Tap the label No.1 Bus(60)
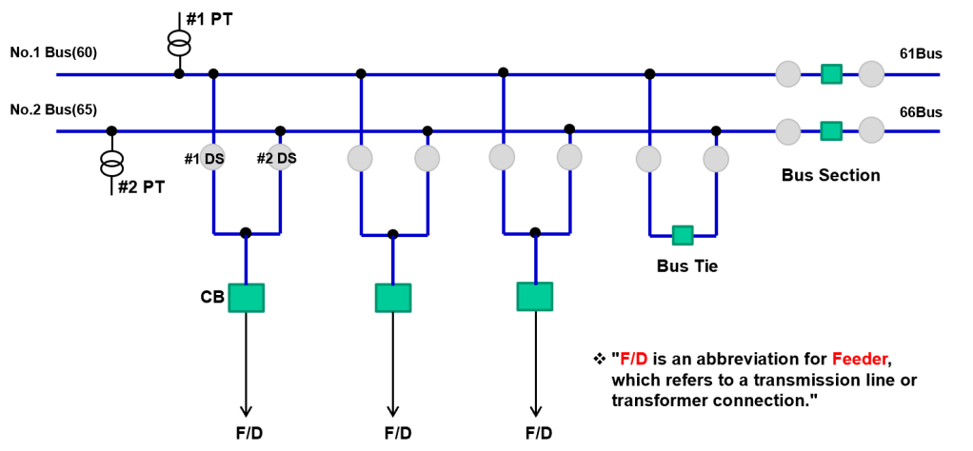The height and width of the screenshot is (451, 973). click(x=53, y=52)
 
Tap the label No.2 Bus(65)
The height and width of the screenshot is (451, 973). click(x=53, y=110)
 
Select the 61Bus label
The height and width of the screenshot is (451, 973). click(x=921, y=54)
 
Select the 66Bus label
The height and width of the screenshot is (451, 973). click(x=921, y=112)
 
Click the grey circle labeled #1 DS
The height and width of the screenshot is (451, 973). click(x=213, y=158)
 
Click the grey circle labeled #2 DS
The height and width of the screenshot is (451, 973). click(x=281, y=158)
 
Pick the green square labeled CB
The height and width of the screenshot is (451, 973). click(x=247, y=298)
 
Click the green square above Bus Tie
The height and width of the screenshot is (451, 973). click(x=683, y=236)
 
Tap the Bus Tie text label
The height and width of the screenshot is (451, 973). click(x=687, y=266)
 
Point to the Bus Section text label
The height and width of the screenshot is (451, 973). click(x=831, y=176)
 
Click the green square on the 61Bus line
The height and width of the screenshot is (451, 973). click(x=831, y=74)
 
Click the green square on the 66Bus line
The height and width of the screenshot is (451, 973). click(x=831, y=131)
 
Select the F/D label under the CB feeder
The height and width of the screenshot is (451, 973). click(x=247, y=432)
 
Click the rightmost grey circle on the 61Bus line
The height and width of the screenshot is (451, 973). click(x=871, y=74)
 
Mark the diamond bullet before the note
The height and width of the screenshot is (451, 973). click(x=599, y=359)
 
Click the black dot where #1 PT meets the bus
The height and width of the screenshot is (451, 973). click(x=179, y=74)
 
